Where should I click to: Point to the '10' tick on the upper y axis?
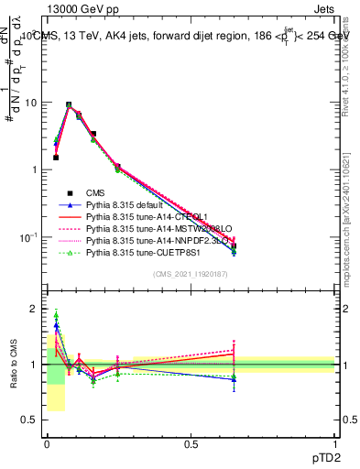coord(30,103)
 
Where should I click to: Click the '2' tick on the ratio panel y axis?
coord(34,309)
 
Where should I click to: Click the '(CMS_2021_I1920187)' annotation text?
coord(191,274)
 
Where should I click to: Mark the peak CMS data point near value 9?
coord(69,105)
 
